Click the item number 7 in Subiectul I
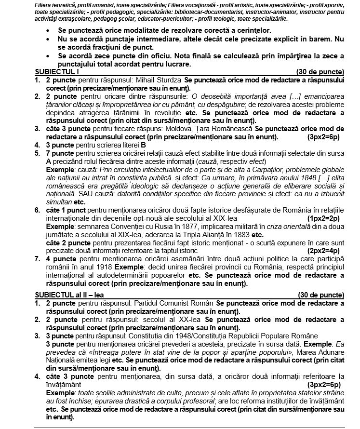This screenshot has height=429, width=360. pyautogui.click(x=37, y=259)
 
